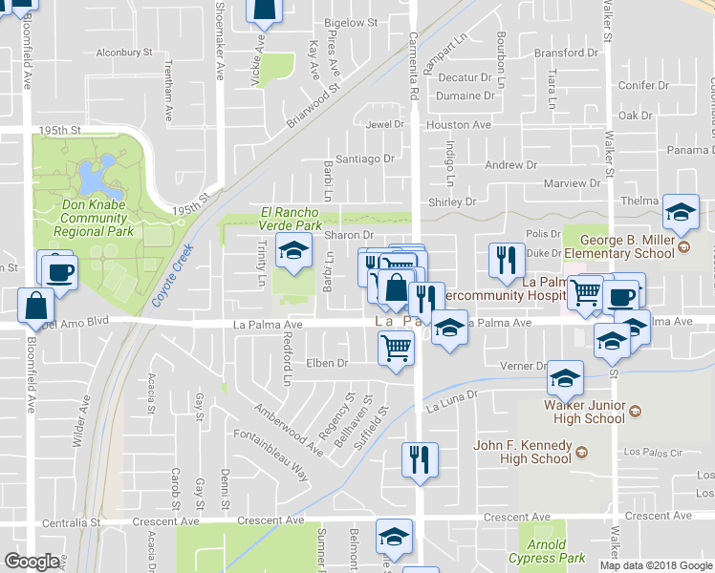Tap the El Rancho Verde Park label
tap(292, 218)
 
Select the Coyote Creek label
tap(172, 275)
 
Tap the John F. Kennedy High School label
tap(523, 452)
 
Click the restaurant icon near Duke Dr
tap(507, 259)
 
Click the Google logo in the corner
tap(32, 562)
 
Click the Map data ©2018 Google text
tap(656, 565)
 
